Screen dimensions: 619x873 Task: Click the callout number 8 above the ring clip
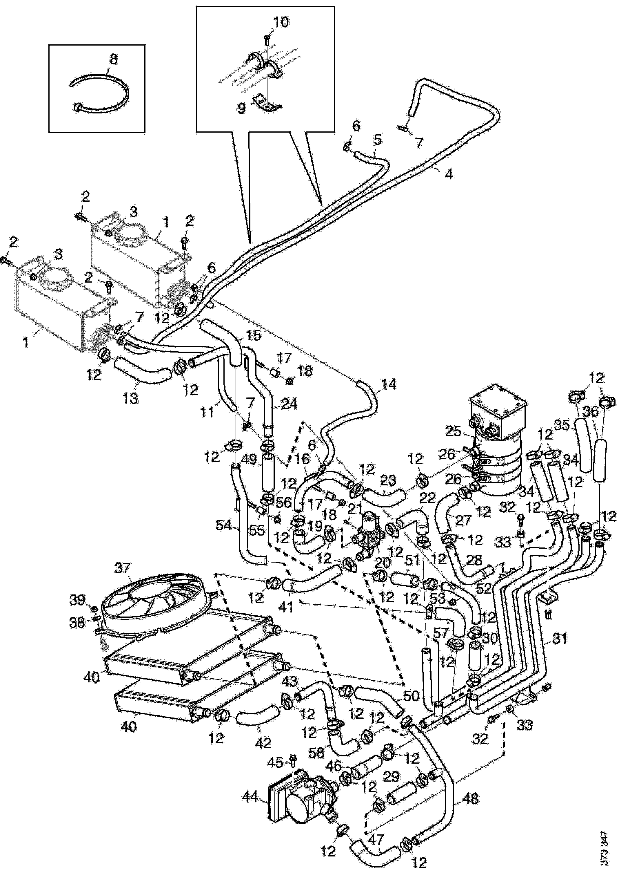coord(113,59)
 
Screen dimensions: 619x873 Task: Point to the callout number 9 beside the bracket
coord(241,108)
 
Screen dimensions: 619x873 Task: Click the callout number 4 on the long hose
coord(449,174)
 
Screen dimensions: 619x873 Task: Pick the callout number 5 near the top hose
coord(377,139)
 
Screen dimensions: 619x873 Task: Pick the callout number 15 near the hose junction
coord(253,336)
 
